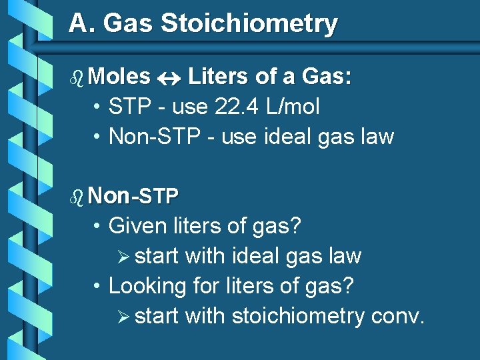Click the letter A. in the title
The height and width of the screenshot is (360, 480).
pyautogui.click(x=83, y=24)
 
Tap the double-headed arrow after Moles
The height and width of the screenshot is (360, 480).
pyautogui.click(x=169, y=77)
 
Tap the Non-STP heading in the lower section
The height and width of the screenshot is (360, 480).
pyautogui.click(x=133, y=196)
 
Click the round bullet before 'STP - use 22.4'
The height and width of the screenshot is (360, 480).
pyautogui.click(x=97, y=107)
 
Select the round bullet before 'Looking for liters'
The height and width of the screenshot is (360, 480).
pyautogui.click(x=97, y=287)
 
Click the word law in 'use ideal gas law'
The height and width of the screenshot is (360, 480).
pyautogui.click(x=378, y=137)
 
